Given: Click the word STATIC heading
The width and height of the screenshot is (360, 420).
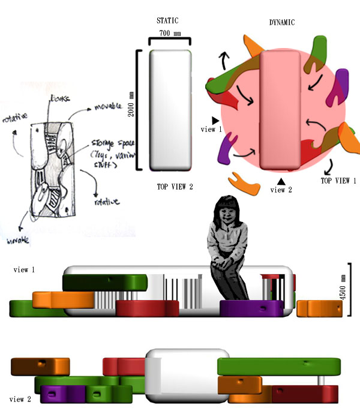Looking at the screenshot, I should tap(167, 21).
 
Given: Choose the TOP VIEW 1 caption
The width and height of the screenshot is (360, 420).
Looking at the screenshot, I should tap(338, 179).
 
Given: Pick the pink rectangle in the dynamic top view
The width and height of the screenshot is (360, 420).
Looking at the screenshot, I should tap(280, 111).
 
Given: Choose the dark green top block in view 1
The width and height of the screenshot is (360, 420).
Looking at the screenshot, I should tap(105, 282).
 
